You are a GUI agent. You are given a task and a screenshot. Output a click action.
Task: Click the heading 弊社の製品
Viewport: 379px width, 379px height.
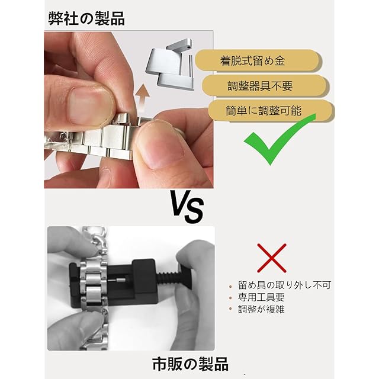86,18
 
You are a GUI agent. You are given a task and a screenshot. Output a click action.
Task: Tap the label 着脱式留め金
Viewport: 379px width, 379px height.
252,61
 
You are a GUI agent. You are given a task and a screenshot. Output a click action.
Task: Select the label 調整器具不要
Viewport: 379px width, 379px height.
260,86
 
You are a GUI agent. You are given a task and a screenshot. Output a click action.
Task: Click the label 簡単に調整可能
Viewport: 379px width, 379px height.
264,111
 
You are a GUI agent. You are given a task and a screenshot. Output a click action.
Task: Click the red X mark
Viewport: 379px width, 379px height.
272,258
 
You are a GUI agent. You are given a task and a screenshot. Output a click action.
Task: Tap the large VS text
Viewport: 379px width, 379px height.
187,206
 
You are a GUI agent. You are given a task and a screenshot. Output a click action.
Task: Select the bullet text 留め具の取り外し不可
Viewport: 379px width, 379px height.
284,285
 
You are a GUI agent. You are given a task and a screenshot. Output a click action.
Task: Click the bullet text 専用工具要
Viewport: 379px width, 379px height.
261,297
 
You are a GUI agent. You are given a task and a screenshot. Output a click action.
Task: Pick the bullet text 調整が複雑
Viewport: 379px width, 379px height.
261,309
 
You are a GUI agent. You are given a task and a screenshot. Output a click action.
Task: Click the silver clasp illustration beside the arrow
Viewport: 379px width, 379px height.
169,64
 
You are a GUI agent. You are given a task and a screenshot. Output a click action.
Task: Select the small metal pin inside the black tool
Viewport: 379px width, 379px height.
117,280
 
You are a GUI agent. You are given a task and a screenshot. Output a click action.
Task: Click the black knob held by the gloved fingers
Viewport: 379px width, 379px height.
187,278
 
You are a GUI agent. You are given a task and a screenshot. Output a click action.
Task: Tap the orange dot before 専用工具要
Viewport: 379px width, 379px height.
230,298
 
